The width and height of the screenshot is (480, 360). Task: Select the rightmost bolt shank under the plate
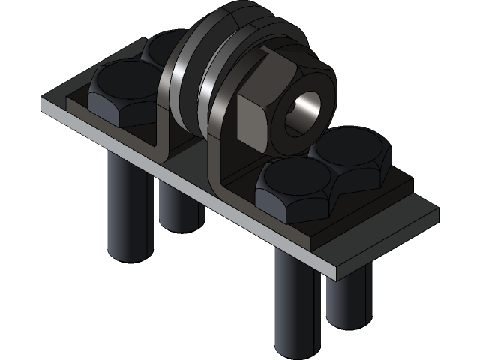tap(349, 300)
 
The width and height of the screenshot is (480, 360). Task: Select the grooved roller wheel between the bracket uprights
tap(199, 82)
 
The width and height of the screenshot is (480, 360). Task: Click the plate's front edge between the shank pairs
tap(225, 206)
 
